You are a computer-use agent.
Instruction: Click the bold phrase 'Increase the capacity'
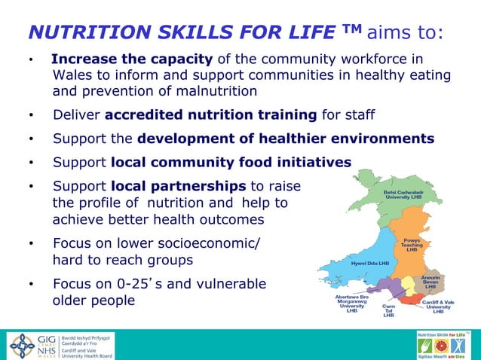tap(133, 59)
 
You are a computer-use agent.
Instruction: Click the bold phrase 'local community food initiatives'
tap(231, 162)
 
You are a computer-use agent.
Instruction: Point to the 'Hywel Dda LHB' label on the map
tap(370, 264)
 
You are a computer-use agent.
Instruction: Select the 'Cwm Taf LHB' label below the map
tap(389, 310)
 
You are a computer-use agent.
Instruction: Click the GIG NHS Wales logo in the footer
tap(31, 345)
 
